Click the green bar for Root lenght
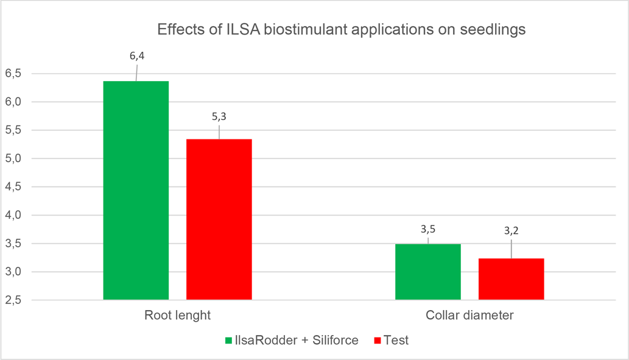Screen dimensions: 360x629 (136, 190)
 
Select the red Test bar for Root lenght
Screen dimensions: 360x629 (219, 219)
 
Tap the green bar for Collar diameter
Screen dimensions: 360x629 (427, 272)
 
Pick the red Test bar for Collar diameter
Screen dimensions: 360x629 (511, 279)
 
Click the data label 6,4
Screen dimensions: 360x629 (136, 56)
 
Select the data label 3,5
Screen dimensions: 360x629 (428, 229)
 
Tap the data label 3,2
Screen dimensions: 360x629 (511, 231)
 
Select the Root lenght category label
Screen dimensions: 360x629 (178, 316)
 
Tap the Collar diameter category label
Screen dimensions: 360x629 (469, 316)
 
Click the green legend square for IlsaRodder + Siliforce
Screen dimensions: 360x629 (228, 341)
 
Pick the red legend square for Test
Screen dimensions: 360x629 (378, 341)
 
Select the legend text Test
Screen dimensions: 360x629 (396, 341)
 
